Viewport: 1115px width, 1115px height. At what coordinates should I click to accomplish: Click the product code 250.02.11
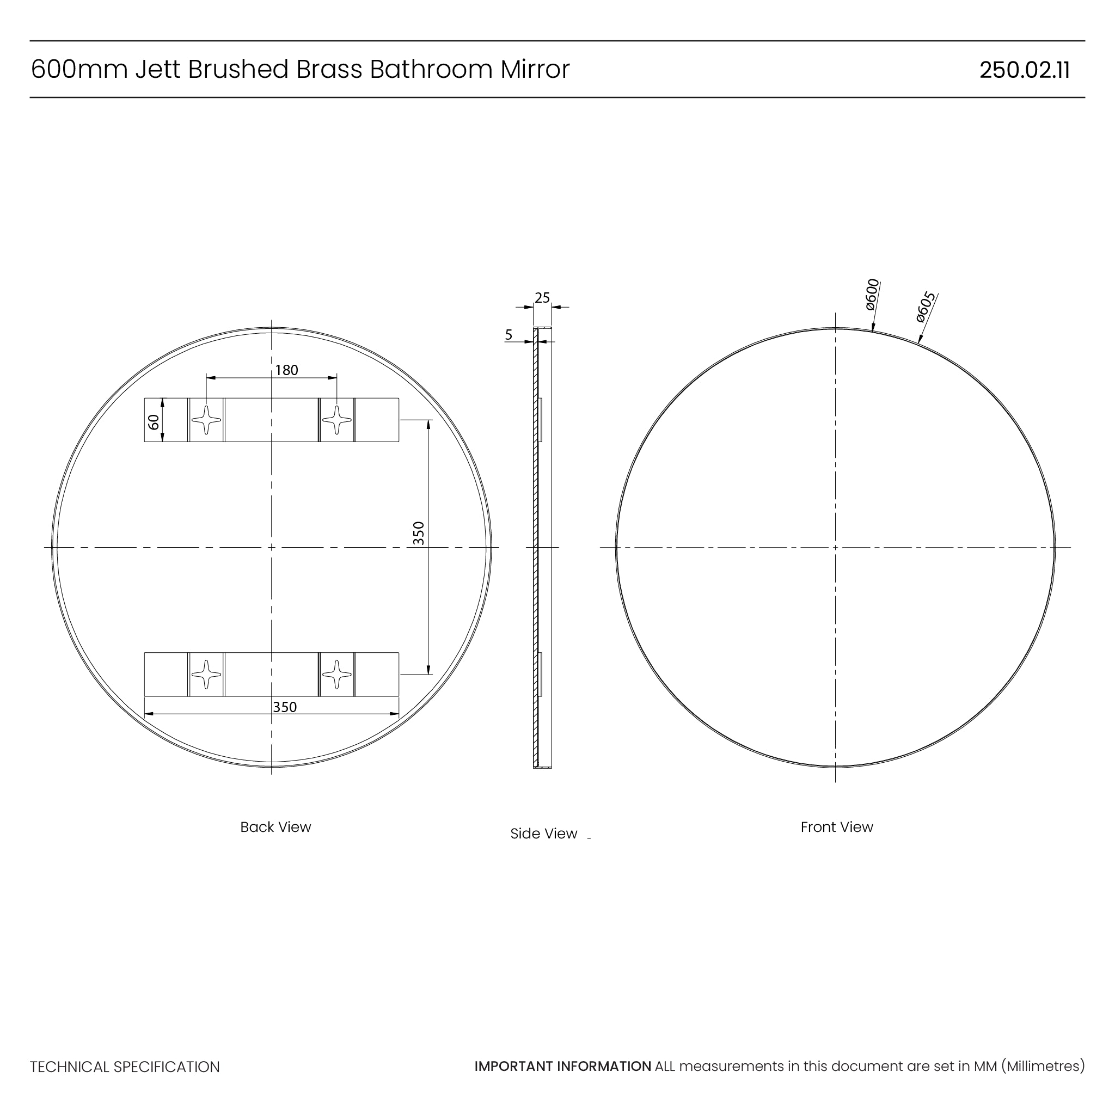(x=1025, y=70)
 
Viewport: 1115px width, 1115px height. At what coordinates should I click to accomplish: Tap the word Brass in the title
(x=329, y=69)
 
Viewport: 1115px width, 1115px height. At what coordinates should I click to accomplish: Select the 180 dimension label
(x=286, y=370)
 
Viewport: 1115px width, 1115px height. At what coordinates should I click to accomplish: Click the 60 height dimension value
(x=154, y=422)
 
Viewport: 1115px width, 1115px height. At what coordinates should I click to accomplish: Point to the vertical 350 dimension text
(x=419, y=533)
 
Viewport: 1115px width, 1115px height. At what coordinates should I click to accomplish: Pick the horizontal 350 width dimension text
(x=285, y=707)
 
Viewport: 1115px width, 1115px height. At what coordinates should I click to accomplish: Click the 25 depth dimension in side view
(x=542, y=298)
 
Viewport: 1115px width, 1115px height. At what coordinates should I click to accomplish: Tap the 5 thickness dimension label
(x=509, y=335)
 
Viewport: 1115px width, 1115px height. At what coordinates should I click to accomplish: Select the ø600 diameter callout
(x=872, y=295)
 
